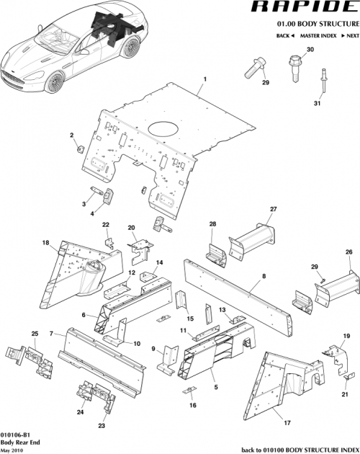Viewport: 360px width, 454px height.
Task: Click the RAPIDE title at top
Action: click(x=302, y=8)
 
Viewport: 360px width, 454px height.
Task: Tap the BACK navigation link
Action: click(x=284, y=35)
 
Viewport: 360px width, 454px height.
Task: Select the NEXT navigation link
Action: click(x=350, y=35)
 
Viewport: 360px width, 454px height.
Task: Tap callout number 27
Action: click(x=273, y=209)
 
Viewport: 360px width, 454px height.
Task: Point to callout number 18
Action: click(x=45, y=243)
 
